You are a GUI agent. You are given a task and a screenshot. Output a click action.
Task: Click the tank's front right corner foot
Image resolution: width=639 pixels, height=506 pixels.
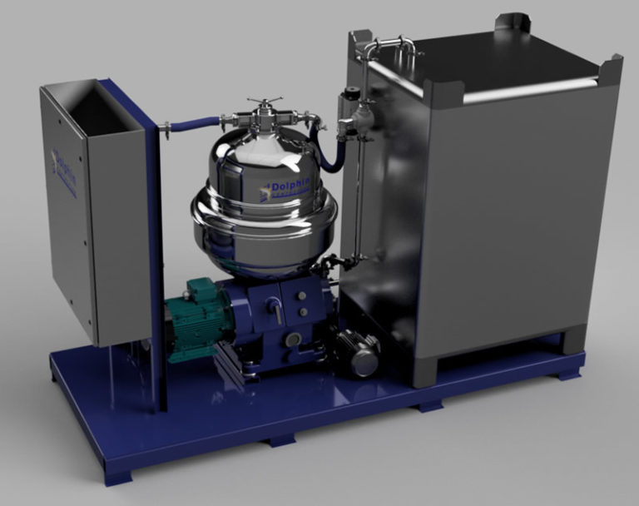point(573,340)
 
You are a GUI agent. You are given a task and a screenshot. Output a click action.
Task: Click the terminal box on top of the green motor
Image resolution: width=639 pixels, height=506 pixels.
point(201,290)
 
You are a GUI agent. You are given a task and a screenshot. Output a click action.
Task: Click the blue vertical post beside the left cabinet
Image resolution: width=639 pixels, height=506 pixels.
point(155,250)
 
